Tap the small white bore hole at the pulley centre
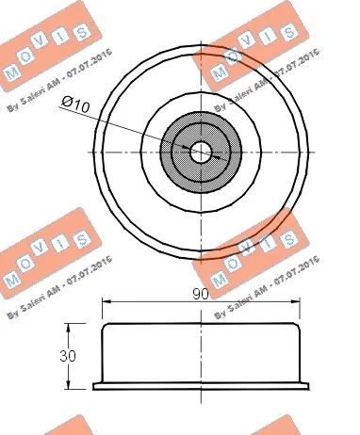[201, 151]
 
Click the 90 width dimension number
[201, 295]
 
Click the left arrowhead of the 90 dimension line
[106, 302]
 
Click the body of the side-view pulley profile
[201, 353]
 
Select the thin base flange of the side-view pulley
[201, 385]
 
